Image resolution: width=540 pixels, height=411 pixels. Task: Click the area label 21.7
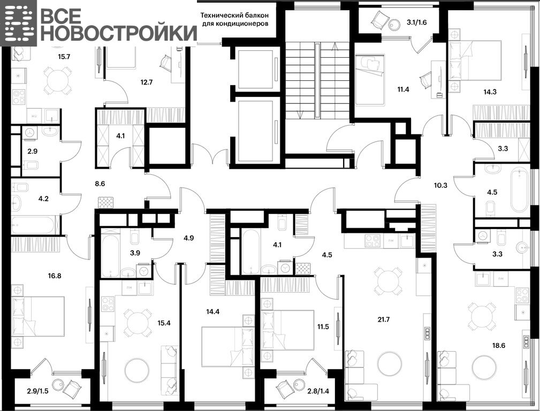pyautogui.click(x=383, y=319)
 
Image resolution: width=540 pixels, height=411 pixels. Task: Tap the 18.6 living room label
pyautogui.click(x=498, y=345)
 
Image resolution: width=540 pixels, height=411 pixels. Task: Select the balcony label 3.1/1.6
pyautogui.click(x=417, y=22)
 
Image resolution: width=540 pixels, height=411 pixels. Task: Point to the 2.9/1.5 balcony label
pyautogui.click(x=37, y=391)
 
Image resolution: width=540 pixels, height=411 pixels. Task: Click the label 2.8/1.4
pyautogui.click(x=318, y=391)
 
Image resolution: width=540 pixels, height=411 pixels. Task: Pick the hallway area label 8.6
pyautogui.click(x=100, y=184)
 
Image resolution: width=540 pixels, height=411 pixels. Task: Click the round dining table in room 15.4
pyautogui.click(x=138, y=323)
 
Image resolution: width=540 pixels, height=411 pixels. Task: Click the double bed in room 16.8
pyautogui.click(x=38, y=316)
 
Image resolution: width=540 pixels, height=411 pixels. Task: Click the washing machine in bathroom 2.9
pyautogui.click(x=30, y=132)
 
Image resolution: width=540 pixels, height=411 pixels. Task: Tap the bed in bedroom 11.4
pyautogui.click(x=369, y=80)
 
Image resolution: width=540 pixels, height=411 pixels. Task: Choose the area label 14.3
pyautogui.click(x=490, y=92)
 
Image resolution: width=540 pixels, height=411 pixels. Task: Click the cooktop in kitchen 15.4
pyautogui.click(x=108, y=304)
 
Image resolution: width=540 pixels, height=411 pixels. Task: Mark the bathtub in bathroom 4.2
pyautogui.click(x=33, y=225)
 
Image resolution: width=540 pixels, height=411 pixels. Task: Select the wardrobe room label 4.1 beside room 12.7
pyautogui.click(x=120, y=136)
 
